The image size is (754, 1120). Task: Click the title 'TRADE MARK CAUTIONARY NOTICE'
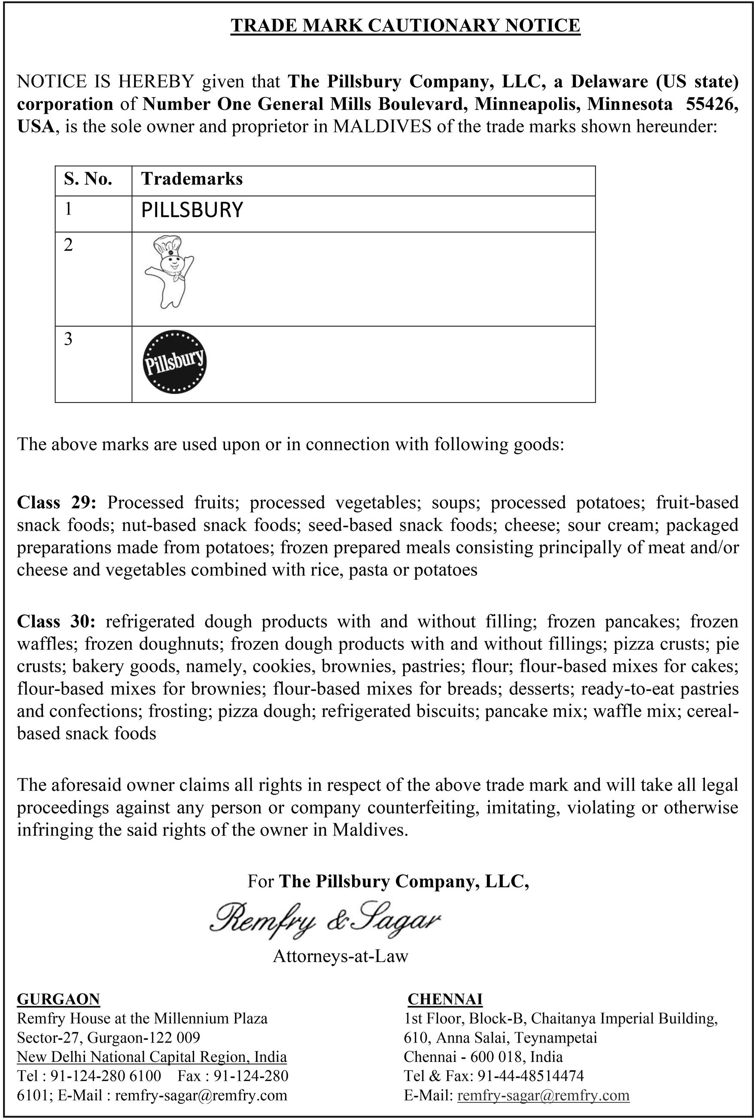tap(405, 25)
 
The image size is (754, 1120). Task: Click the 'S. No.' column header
tap(88, 179)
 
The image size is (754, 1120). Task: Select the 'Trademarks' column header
tap(192, 179)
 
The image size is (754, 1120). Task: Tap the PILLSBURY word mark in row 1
tap(192, 210)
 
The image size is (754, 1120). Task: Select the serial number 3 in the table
tap(68, 339)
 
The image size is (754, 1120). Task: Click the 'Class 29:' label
tap(57, 502)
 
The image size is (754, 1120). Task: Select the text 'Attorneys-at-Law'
tap(341, 955)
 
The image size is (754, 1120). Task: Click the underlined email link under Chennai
tap(543, 1095)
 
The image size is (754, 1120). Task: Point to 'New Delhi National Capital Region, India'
tap(152, 1056)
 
